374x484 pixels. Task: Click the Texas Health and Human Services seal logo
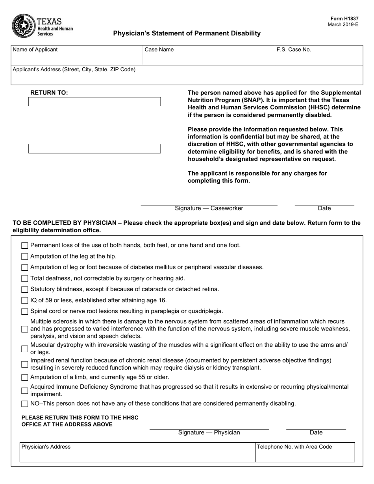pos(24,26)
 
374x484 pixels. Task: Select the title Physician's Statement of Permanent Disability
pos(187,33)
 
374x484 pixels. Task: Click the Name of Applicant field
pos(77,57)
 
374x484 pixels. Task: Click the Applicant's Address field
pos(187,77)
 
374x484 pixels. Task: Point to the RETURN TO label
pos(49,93)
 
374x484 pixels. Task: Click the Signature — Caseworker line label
pos(209,209)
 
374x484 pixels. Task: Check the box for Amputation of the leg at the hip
pos(25,257)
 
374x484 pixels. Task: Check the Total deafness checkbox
pos(25,279)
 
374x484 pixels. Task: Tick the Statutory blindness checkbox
pos(25,290)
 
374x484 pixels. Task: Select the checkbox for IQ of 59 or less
pos(25,301)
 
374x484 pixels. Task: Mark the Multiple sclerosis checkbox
pos(25,329)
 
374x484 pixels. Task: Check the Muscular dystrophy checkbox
pos(25,348)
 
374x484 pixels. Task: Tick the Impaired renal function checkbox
pos(25,364)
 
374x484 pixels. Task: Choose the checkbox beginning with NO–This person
pos(25,404)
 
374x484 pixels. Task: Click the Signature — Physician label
pos(209,433)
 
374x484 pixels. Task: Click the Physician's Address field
pos(137,453)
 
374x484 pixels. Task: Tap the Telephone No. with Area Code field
pos(305,453)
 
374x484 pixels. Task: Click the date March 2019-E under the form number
pos(343,24)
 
